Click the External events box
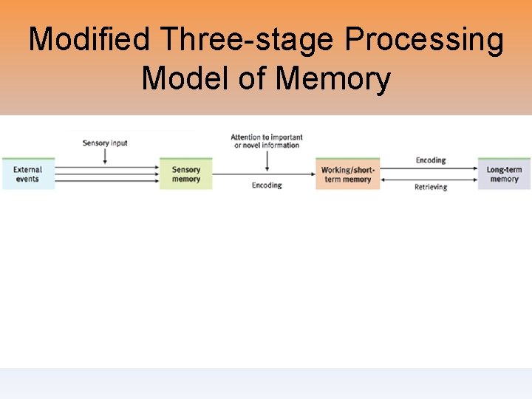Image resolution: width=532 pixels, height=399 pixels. [x=28, y=174]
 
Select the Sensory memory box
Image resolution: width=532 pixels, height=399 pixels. [x=186, y=174]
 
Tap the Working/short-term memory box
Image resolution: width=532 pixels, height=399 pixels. [x=347, y=174]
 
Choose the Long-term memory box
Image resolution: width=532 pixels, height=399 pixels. [x=504, y=174]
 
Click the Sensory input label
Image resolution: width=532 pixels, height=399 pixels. [x=106, y=143]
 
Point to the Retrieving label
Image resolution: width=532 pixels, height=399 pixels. [x=430, y=187]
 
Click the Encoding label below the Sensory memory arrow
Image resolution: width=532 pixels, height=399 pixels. [x=267, y=185]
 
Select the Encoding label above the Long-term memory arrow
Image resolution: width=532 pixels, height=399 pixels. [x=430, y=160]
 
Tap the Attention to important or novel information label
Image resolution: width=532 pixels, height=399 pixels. [x=267, y=140]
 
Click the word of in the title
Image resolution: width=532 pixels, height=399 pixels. [x=253, y=78]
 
